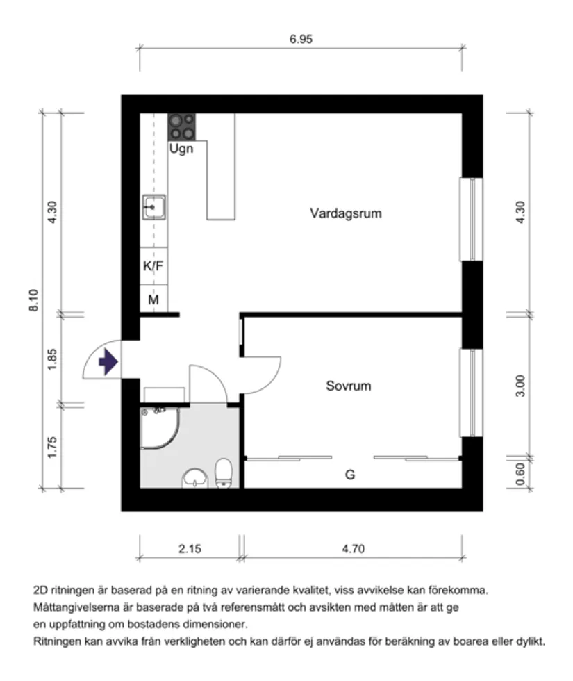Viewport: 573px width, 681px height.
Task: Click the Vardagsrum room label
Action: click(x=345, y=213)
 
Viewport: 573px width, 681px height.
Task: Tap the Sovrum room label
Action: click(x=348, y=386)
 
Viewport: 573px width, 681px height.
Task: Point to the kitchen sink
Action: click(x=153, y=206)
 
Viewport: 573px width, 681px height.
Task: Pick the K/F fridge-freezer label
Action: click(x=153, y=265)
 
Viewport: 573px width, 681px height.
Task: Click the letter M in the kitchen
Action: click(x=153, y=300)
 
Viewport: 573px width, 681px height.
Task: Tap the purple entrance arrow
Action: click(x=108, y=362)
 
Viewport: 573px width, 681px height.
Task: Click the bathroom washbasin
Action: click(x=196, y=479)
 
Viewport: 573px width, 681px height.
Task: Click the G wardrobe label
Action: click(x=350, y=475)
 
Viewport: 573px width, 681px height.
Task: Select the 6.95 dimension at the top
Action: click(x=301, y=39)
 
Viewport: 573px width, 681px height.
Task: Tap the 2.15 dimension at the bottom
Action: click(x=189, y=549)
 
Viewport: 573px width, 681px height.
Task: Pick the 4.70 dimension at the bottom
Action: click(x=353, y=549)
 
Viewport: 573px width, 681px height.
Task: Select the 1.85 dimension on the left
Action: click(x=53, y=359)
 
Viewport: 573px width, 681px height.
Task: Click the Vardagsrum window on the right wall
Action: click(x=472, y=219)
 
